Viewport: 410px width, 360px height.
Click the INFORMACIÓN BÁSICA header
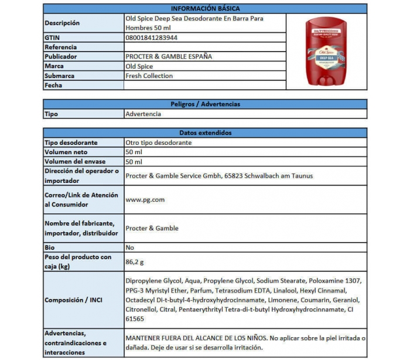205,9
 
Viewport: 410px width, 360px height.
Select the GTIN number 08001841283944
152,38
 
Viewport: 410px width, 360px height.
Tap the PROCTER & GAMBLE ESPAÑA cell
169,57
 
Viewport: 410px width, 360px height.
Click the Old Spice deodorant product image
327,52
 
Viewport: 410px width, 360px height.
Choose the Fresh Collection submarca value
149,76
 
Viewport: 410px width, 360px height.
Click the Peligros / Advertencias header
205,104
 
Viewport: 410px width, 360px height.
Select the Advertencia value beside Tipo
143,114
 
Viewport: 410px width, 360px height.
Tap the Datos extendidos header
205,133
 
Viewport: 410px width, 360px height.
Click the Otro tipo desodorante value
158,142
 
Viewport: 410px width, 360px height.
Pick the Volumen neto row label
66,152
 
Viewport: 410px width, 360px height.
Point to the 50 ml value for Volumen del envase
134,161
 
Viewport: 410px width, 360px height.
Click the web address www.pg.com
145,200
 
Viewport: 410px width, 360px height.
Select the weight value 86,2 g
135,262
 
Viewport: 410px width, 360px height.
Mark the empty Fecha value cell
205,86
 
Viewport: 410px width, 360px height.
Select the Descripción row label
62,23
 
